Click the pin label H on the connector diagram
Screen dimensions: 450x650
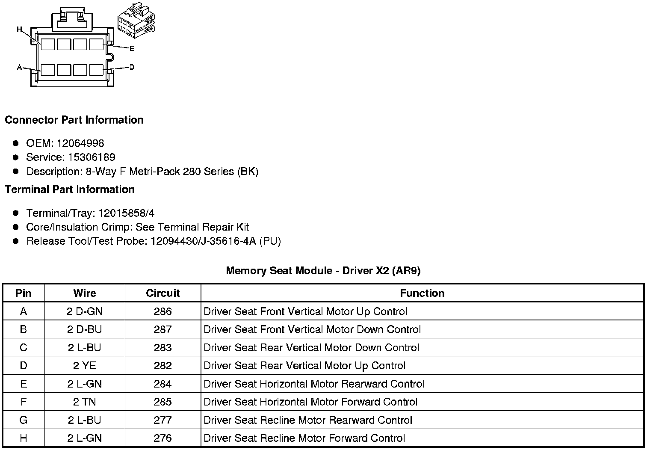[x=19, y=30]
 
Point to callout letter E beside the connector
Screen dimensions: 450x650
[x=132, y=48]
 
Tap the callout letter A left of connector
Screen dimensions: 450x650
[x=19, y=67]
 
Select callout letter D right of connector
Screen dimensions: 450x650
[x=132, y=67]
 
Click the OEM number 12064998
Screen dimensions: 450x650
[x=80, y=143]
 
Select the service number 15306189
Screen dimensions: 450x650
[x=92, y=157]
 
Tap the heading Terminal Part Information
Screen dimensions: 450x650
[x=70, y=189]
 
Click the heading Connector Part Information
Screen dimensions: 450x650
[x=74, y=120]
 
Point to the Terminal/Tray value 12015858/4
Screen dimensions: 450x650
[x=126, y=213]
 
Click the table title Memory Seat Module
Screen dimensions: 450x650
[x=323, y=271]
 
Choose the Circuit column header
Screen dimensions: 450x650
[x=162, y=293]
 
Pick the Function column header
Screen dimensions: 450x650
[x=422, y=293]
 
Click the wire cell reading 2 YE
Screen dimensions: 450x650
[x=85, y=366]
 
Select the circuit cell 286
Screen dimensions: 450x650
[x=162, y=311]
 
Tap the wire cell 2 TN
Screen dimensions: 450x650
[x=85, y=402]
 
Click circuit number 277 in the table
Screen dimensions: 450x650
[x=162, y=420]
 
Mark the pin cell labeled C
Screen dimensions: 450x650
[x=24, y=348]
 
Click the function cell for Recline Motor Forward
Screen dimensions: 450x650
[x=304, y=438]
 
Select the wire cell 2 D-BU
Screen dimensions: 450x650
[x=85, y=329]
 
